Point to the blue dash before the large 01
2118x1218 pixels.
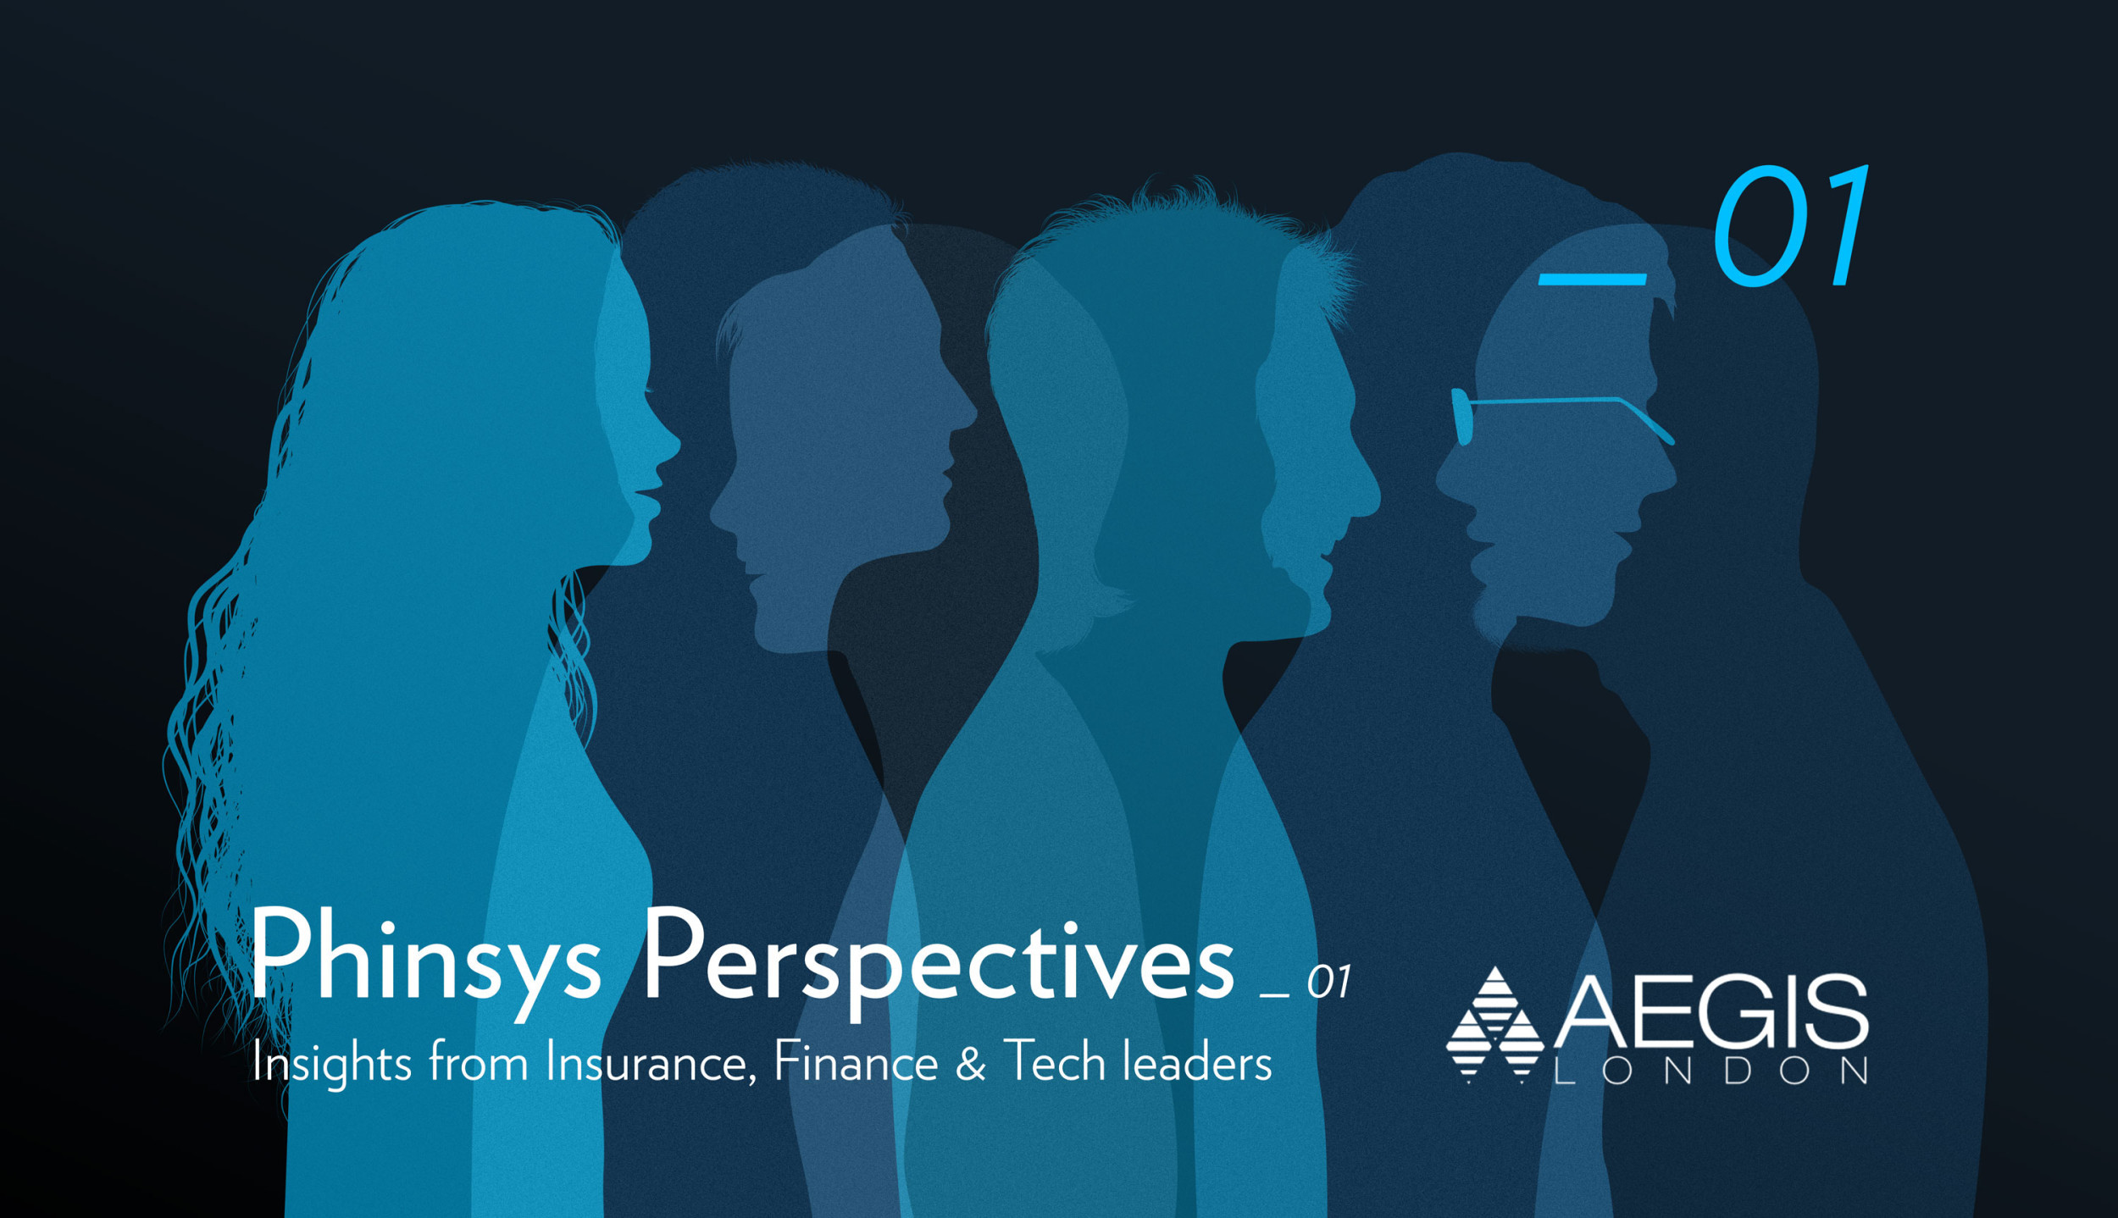1591,279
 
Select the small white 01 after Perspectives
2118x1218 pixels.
1328,983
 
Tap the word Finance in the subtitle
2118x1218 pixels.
856,1062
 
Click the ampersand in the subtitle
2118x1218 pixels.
971,1064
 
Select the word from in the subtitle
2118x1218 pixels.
479,1062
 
